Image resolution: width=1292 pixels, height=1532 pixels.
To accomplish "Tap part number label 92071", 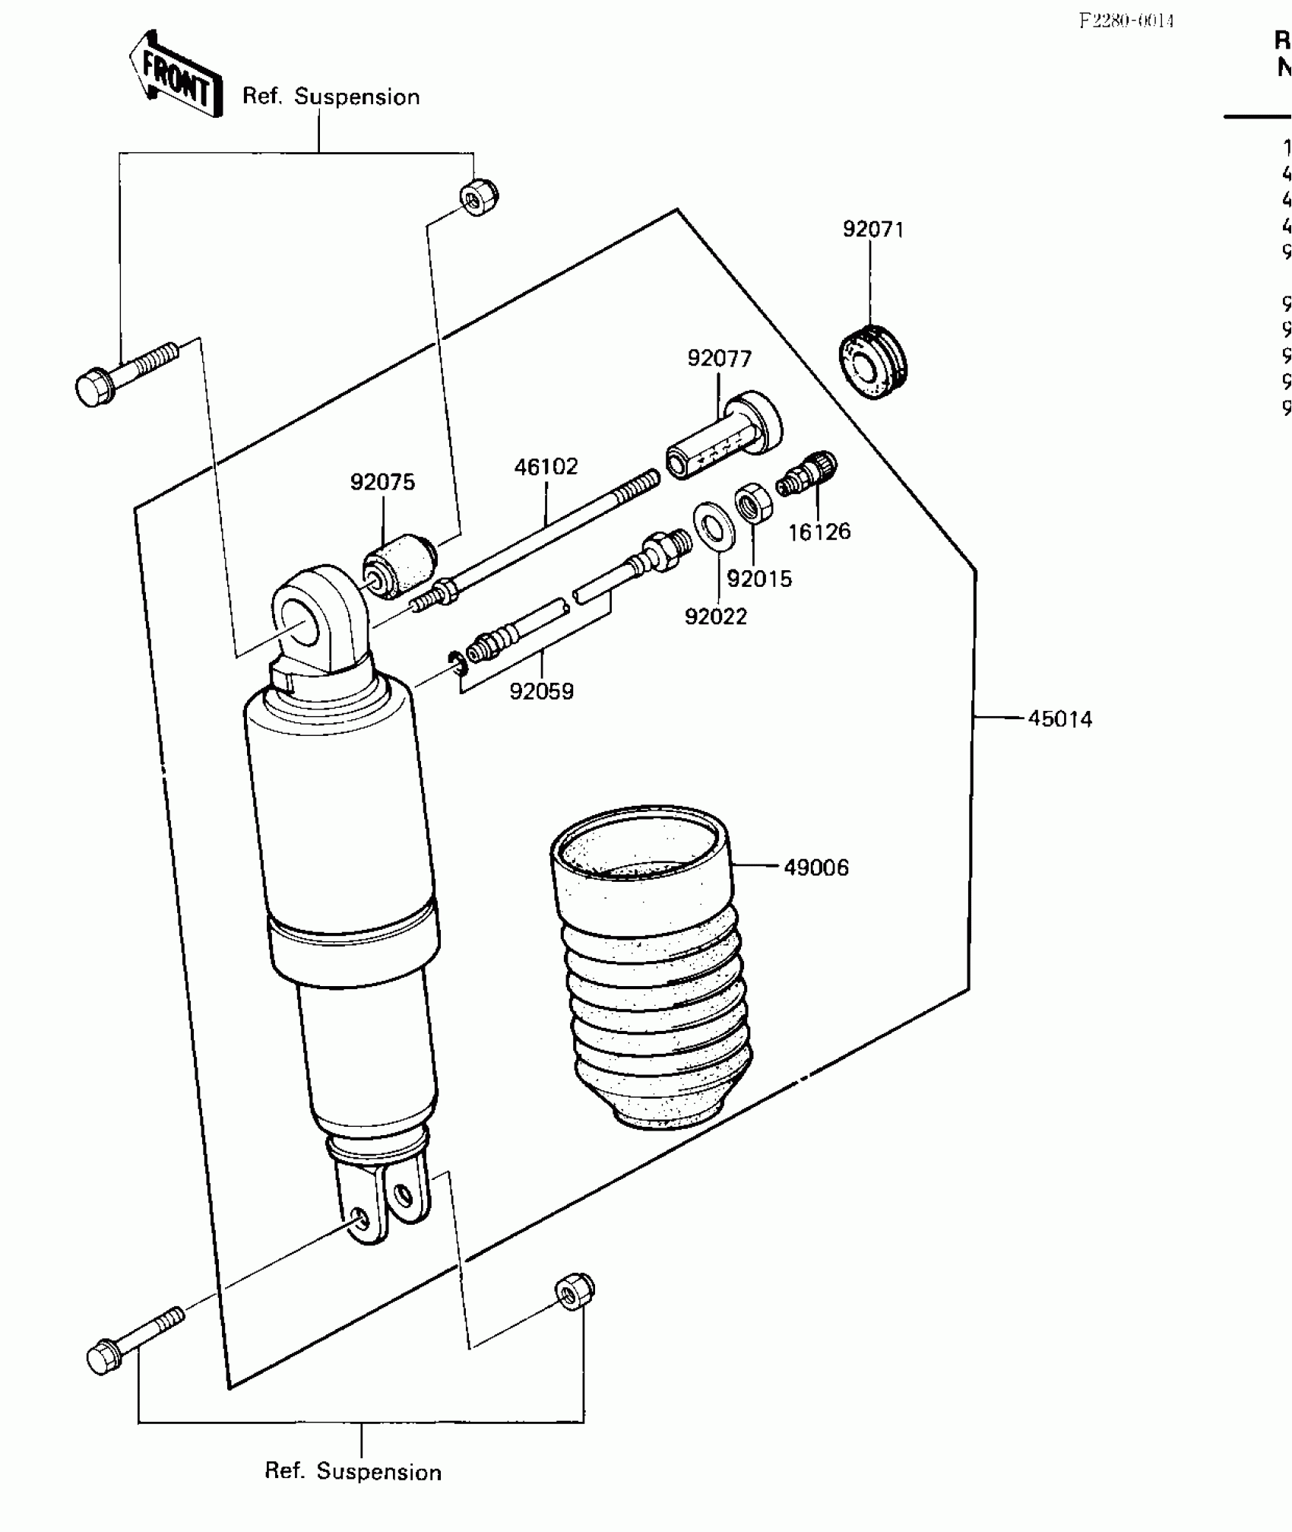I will coord(873,230).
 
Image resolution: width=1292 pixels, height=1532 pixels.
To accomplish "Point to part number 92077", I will coord(719,359).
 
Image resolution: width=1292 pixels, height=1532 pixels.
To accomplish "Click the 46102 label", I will coord(546,467).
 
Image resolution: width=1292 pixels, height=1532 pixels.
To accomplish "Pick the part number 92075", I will coord(382,483).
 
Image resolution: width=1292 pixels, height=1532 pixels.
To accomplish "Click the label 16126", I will coord(819,532).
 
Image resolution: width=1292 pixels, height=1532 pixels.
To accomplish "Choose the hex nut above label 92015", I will coord(753,503).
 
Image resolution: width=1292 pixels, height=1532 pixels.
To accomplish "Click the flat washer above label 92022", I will coord(714,524).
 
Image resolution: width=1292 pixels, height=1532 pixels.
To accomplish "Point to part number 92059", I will coord(541,692).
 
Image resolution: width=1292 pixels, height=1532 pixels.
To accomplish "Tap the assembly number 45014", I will coord(1059,719).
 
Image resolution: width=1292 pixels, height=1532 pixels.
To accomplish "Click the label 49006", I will coord(815,867).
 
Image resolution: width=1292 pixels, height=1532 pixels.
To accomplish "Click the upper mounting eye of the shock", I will coord(312,617).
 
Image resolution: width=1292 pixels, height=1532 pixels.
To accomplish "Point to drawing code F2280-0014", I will coord(1126,21).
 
